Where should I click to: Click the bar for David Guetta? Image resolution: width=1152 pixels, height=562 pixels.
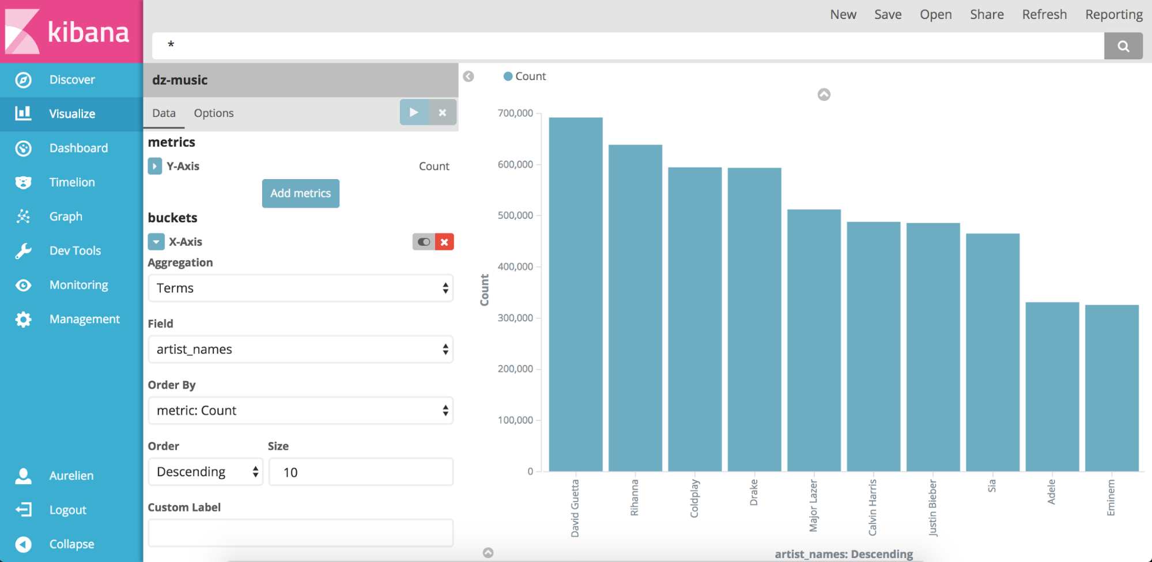click(x=575, y=294)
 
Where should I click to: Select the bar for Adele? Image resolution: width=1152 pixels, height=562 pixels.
click(x=1052, y=386)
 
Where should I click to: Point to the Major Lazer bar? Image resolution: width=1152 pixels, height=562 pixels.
click(x=814, y=340)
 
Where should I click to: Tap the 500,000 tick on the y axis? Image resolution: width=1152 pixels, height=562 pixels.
click(x=515, y=215)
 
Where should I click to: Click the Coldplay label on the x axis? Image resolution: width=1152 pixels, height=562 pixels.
click(x=694, y=499)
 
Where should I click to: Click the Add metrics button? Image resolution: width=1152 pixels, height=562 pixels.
click(x=300, y=193)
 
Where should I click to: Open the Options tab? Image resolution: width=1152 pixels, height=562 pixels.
click(x=214, y=113)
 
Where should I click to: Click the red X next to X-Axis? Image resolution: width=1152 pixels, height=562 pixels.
click(x=444, y=242)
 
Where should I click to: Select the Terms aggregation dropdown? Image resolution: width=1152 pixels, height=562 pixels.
click(x=300, y=288)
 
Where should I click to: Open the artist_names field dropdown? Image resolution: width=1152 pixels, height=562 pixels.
click(x=300, y=350)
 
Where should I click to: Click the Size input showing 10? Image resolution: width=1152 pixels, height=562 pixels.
click(x=361, y=472)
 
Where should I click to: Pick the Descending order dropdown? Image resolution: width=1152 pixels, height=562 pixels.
click(x=206, y=472)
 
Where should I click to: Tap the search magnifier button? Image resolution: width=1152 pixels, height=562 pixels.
click(x=1123, y=46)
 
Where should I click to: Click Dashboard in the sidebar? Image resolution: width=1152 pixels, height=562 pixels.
click(x=78, y=148)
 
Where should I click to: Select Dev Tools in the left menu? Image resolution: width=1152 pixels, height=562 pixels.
click(x=75, y=250)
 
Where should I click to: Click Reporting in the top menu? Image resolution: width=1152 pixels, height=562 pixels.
click(x=1113, y=14)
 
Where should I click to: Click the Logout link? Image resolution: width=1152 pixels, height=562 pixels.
click(x=67, y=510)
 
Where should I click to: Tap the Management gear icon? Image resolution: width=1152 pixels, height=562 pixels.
click(x=23, y=320)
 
